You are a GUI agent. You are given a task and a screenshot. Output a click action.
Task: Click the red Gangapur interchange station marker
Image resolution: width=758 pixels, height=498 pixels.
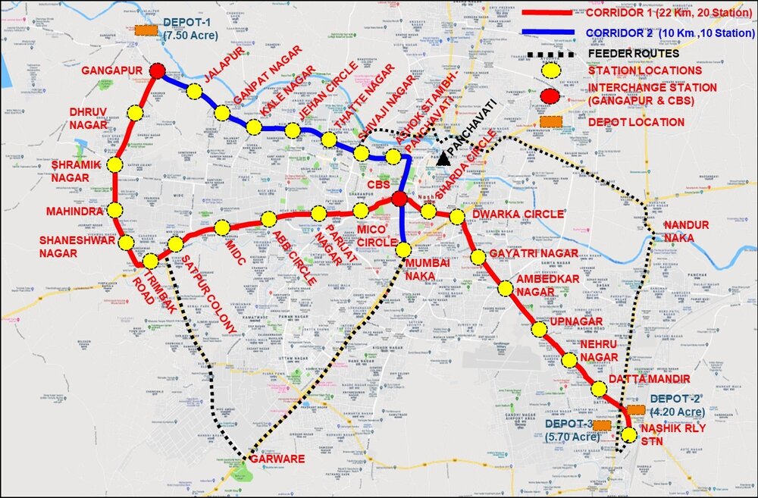(x=158, y=71)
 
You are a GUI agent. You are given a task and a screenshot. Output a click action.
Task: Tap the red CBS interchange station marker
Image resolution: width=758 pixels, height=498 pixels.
(x=399, y=199)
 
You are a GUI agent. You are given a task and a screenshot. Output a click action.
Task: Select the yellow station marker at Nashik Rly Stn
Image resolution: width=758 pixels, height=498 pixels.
(x=629, y=434)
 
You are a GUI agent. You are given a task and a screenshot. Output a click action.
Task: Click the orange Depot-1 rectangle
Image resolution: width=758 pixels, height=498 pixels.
(x=146, y=31)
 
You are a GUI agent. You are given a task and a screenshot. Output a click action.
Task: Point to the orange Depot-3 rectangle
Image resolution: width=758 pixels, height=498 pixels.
(x=603, y=426)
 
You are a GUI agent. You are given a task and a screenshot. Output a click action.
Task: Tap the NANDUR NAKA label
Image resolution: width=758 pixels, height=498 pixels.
(x=686, y=232)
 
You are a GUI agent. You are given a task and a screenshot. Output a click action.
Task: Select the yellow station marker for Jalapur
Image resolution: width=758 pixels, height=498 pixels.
(x=194, y=92)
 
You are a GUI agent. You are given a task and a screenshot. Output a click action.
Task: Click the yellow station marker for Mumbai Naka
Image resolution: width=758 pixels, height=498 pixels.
(x=403, y=249)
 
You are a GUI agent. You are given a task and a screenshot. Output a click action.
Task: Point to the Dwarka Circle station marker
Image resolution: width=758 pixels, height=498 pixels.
(x=456, y=218)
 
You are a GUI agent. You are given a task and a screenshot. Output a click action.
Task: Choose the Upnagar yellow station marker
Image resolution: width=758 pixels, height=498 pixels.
(x=539, y=329)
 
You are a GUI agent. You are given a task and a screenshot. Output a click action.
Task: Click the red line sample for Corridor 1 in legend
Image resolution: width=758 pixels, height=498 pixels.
(x=550, y=13)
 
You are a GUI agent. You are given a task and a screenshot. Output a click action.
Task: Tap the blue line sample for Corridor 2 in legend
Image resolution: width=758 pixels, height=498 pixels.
(x=550, y=33)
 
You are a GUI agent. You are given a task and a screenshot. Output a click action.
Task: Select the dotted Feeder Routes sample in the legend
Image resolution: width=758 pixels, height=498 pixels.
(x=550, y=54)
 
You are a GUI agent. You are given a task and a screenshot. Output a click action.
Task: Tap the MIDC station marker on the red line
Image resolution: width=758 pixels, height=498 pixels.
(x=222, y=227)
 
